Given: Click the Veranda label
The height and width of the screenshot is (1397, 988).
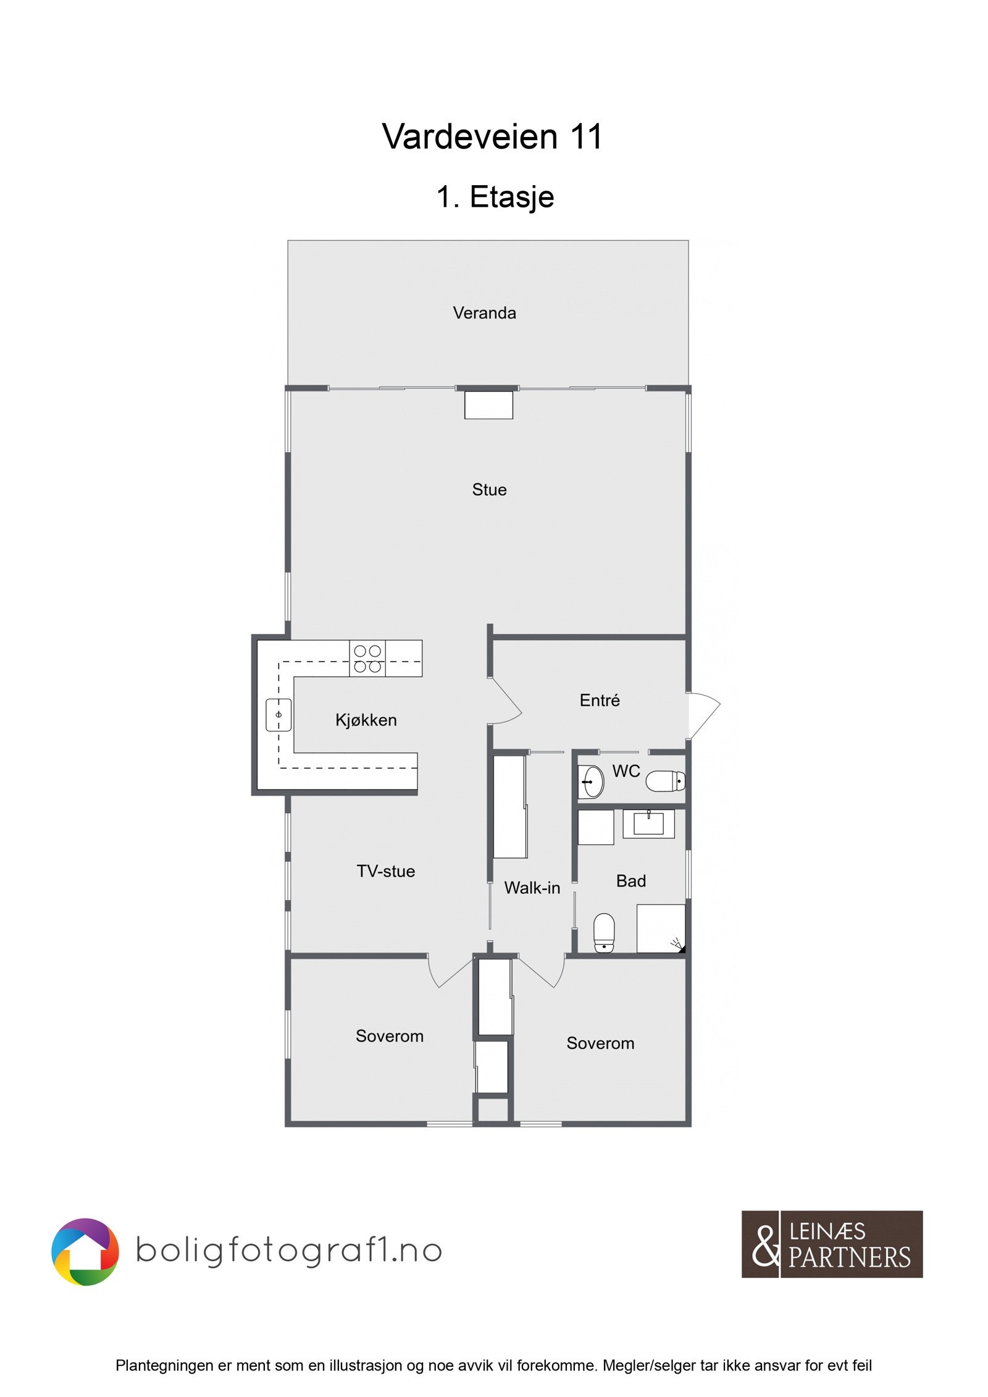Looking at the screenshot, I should coord(484,313).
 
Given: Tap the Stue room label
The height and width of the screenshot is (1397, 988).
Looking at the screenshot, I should coord(489,490).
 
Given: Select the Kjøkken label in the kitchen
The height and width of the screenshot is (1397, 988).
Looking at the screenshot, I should coord(366,720).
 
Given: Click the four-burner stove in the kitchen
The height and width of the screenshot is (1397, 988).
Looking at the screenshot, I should coord(367,659).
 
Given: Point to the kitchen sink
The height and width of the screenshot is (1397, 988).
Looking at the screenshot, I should coord(278,715).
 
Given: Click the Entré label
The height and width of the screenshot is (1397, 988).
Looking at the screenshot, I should coord(599,700).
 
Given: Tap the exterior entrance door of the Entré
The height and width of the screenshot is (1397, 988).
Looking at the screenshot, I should coord(703,715).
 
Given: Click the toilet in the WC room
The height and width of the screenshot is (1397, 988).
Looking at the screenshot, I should coord(665,781).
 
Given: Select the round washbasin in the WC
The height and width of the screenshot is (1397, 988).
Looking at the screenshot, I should coord(591,782).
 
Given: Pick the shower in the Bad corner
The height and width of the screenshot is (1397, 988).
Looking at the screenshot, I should coord(661,928).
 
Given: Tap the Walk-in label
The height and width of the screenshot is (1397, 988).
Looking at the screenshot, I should coord(532,888).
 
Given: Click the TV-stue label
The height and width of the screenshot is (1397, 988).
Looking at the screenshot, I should coord(385,871).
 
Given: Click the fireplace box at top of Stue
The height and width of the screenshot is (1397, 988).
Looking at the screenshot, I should coord(488,405).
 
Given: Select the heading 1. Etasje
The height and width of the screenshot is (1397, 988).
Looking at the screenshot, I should coord(495,197).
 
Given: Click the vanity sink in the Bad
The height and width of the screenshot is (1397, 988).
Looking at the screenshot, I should coord(648,824).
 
